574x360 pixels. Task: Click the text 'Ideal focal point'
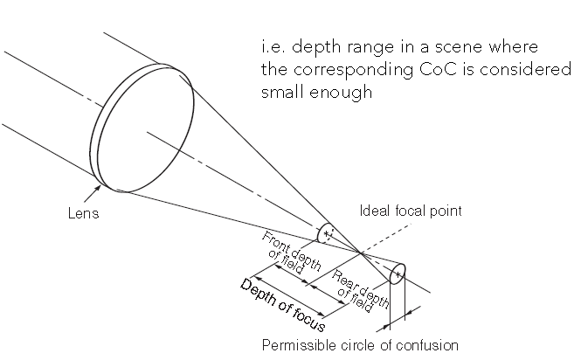[411, 210]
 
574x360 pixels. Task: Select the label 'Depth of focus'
[282, 305]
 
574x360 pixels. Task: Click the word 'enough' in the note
[343, 92]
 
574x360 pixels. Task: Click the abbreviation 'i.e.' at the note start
[273, 46]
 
